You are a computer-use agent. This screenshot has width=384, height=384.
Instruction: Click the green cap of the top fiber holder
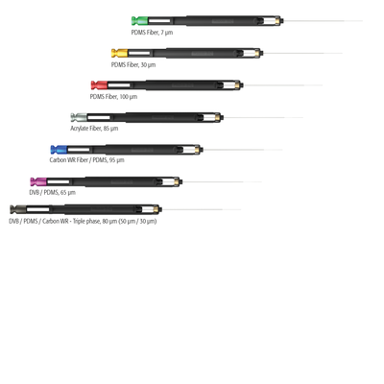click(x=139, y=21)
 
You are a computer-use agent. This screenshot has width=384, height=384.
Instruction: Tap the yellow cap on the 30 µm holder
click(x=119, y=53)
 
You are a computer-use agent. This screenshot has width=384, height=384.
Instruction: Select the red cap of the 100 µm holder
click(x=99, y=85)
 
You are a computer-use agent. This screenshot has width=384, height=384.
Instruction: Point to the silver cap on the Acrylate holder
click(x=79, y=117)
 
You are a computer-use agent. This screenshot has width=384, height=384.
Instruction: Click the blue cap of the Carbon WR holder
click(x=59, y=150)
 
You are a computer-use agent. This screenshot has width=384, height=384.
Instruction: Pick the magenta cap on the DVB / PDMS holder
click(x=38, y=181)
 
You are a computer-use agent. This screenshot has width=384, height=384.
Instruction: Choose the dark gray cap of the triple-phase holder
click(x=18, y=209)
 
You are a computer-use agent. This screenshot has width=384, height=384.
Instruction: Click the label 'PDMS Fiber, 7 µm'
click(x=152, y=33)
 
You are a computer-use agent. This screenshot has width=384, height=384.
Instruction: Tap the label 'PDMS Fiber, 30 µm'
click(x=133, y=64)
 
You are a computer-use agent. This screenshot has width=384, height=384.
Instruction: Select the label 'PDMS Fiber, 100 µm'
click(x=113, y=96)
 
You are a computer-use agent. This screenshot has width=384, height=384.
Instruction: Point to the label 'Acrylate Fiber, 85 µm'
click(x=94, y=129)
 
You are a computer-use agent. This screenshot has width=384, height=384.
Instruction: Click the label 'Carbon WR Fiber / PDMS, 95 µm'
click(x=86, y=159)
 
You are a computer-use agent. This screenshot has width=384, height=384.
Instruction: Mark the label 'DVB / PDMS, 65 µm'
click(x=53, y=192)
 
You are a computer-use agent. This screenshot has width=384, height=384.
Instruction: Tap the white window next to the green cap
click(x=159, y=21)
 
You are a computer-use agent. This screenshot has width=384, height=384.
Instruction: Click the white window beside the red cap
click(x=119, y=85)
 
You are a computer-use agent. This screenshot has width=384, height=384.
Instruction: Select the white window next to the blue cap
click(x=79, y=150)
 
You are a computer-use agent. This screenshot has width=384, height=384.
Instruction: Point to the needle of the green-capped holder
click(x=324, y=21)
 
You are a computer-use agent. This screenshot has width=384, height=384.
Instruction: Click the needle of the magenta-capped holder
click(x=222, y=181)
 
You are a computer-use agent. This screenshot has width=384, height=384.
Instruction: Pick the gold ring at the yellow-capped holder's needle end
click(x=257, y=53)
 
